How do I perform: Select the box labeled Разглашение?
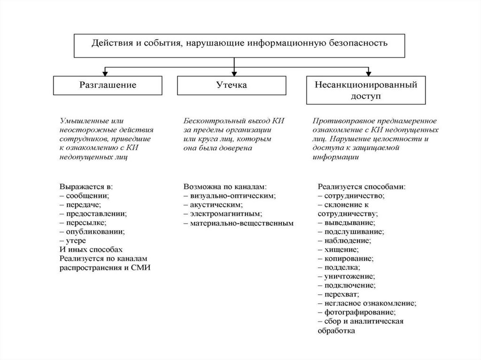107,85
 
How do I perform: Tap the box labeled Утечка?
233,85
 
